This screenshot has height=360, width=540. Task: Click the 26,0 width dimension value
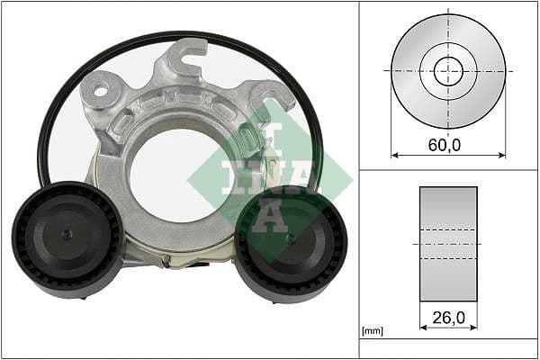(448, 316)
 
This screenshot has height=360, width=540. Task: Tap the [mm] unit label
(372, 331)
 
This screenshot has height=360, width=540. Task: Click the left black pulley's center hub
(67, 236)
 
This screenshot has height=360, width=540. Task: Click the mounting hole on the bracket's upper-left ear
(99, 89)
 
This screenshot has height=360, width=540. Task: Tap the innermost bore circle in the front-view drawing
(448, 70)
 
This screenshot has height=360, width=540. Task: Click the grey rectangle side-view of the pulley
(448, 244)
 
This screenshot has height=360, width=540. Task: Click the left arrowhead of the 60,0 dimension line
(394, 155)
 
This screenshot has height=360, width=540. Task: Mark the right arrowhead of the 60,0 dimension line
(502, 155)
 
